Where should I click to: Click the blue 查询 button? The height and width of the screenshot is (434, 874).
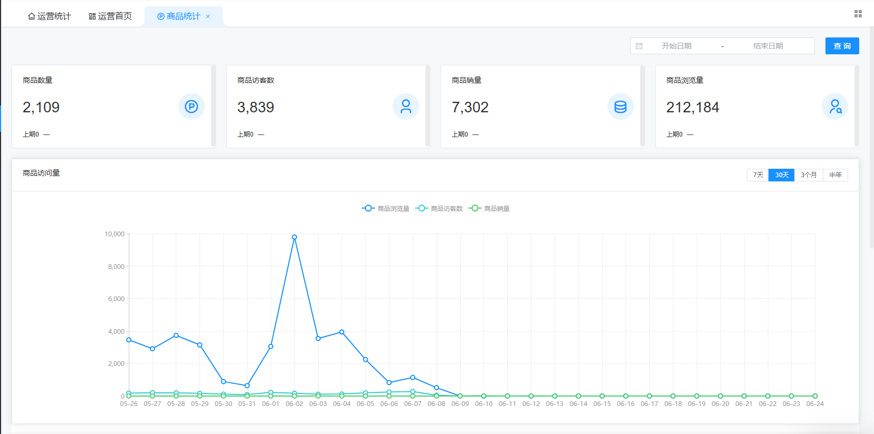pyautogui.click(x=842, y=46)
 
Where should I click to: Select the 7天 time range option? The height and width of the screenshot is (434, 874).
pyautogui.click(x=758, y=175)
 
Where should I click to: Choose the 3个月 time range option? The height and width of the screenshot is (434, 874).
pyautogui.click(x=809, y=175)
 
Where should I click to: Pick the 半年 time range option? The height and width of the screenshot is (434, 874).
pyautogui.click(x=835, y=175)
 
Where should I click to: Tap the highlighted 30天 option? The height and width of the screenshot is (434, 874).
pyautogui.click(x=782, y=175)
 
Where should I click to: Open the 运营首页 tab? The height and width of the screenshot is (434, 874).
pyautogui.click(x=110, y=16)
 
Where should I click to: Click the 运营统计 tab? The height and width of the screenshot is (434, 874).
pyautogui.click(x=50, y=16)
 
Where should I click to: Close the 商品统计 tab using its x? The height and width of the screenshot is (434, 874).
pyautogui.click(x=208, y=16)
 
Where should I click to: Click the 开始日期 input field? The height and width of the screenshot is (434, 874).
pyautogui.click(x=677, y=46)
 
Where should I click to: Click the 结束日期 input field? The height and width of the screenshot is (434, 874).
pyautogui.click(x=768, y=46)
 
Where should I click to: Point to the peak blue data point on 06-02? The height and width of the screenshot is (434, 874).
pyautogui.click(x=294, y=237)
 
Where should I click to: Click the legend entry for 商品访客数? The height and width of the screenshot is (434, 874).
pyautogui.click(x=439, y=209)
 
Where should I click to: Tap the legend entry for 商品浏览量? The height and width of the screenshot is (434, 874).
pyautogui.click(x=385, y=209)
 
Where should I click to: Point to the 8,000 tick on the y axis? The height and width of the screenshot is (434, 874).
pyautogui.click(x=116, y=267)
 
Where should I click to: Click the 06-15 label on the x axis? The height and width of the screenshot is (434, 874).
pyautogui.click(x=602, y=404)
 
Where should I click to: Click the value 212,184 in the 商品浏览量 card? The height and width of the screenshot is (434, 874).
pyautogui.click(x=692, y=107)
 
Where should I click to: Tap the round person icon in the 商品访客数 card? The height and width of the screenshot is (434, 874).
pyautogui.click(x=406, y=107)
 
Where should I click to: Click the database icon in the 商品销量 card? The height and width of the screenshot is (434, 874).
pyautogui.click(x=620, y=107)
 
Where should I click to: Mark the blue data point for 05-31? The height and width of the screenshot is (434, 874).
pyautogui.click(x=247, y=385)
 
